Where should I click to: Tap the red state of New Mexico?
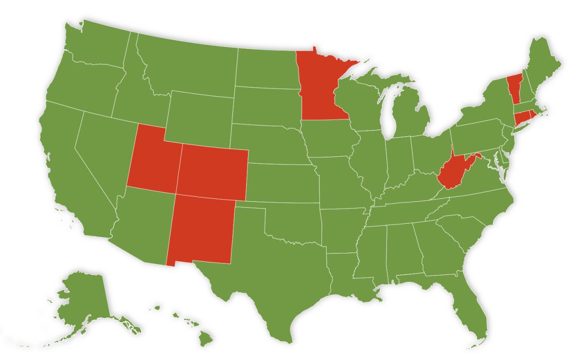(x=200, y=230)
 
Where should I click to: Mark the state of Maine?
(x=542, y=64)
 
